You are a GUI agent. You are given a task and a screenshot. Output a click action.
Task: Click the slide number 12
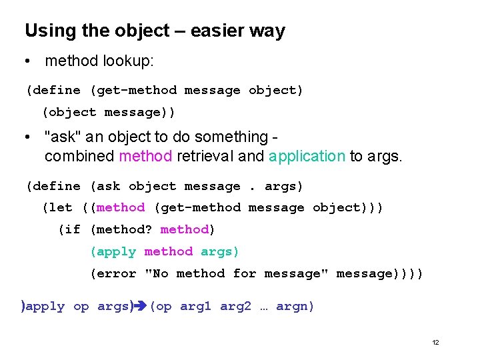click(435, 342)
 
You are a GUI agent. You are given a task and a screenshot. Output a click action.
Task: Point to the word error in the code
click(117, 273)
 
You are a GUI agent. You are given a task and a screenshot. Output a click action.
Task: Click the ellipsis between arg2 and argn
click(263, 307)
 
